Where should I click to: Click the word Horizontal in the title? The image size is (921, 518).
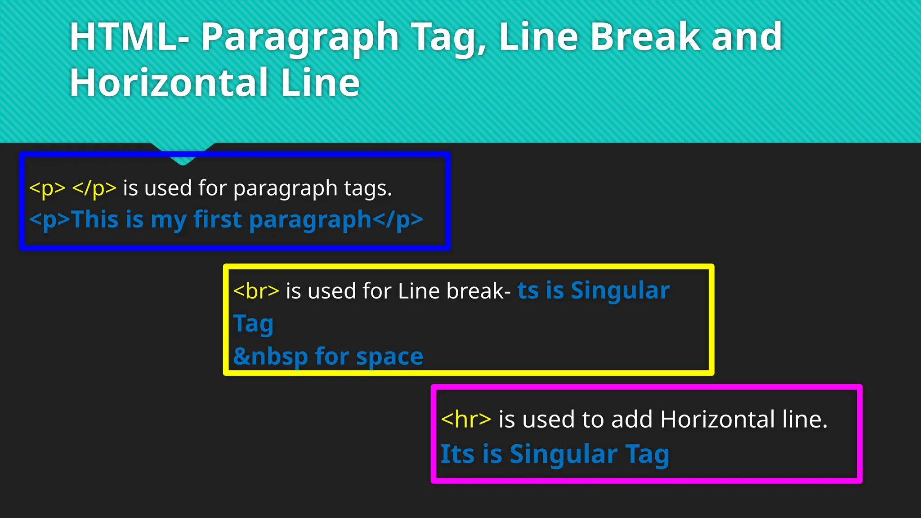coord(169,83)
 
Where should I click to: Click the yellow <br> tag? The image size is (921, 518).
coord(256,291)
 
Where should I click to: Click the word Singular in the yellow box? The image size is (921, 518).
coord(620,291)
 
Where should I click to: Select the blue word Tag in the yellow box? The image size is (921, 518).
coord(253,324)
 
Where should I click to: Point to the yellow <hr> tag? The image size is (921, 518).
coord(466,420)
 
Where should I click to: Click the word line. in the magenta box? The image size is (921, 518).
coord(805,420)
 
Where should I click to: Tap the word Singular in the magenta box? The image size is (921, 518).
coord(563,454)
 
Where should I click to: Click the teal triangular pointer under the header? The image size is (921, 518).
coord(183,153)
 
